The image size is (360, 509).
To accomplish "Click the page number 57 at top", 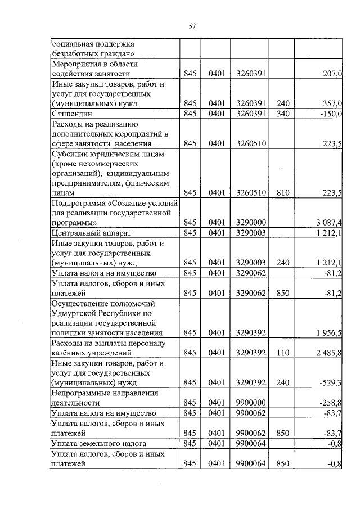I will [192, 26].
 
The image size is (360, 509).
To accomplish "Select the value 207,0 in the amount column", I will [331, 74].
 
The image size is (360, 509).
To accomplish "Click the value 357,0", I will [331, 104].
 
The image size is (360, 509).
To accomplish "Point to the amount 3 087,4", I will [328, 223].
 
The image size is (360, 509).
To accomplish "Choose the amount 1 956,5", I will [328, 332].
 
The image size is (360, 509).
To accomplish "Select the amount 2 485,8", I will [328, 353].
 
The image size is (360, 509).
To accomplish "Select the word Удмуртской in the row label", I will [73, 312].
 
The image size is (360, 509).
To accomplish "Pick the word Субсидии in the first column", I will [69, 153].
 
